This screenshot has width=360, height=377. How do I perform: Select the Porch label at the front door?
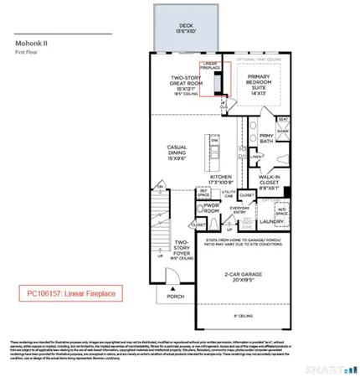pyautogui.click(x=175, y=296)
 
